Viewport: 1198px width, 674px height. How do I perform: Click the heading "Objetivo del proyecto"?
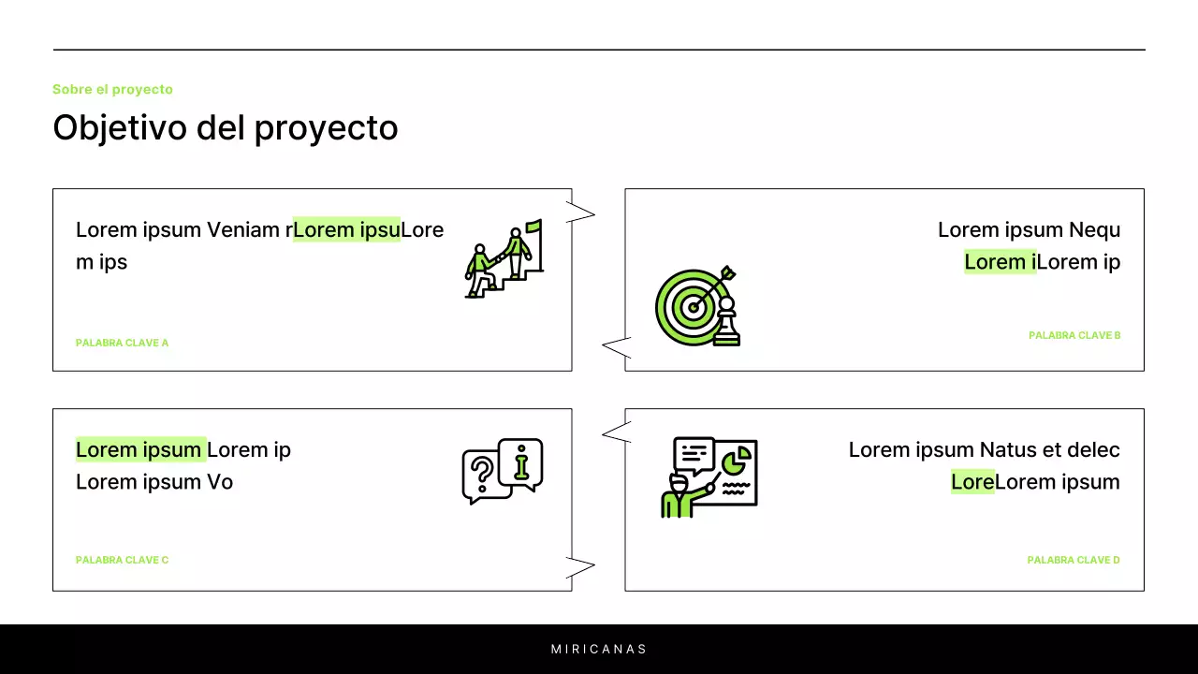(226, 128)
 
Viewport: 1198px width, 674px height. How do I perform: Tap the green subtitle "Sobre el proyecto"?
(112, 90)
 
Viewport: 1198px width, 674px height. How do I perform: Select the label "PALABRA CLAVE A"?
(122, 343)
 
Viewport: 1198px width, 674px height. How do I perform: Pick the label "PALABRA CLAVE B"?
(1074, 335)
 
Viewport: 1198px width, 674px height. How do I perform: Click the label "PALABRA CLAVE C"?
(122, 560)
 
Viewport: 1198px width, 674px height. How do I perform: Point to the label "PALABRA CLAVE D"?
(1074, 560)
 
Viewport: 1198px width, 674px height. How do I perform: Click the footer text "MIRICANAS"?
(599, 649)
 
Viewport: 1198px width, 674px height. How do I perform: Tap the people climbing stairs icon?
(504, 259)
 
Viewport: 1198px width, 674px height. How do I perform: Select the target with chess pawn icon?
(697, 306)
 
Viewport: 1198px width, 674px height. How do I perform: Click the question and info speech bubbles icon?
(503, 471)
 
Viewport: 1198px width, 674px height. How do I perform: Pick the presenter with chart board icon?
(709, 476)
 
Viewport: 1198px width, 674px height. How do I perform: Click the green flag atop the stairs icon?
(533, 226)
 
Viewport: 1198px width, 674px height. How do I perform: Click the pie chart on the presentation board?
(736, 460)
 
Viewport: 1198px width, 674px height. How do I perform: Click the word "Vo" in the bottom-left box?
(220, 482)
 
